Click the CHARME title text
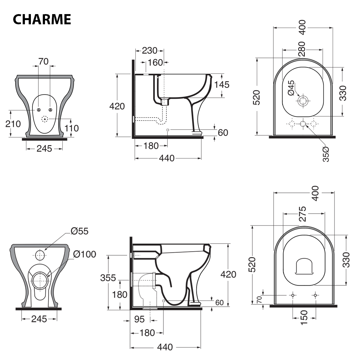coord(42,19)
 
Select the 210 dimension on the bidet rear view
coord(13,124)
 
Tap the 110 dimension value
coord(72,128)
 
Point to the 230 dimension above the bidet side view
coord(150,51)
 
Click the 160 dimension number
coord(156,63)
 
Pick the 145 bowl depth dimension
coord(222,85)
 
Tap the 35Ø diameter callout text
coord(326,154)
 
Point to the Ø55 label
coord(79,231)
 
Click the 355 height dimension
coord(108,278)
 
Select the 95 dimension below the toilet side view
coord(139,319)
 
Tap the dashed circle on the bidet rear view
coord(44,119)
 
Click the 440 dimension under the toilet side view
coord(165,347)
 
